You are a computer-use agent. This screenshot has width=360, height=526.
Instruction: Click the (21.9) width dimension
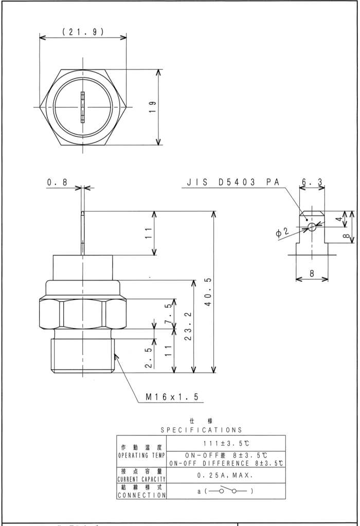point(83,31)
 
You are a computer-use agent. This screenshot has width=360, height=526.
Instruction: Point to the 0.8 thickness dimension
point(58,182)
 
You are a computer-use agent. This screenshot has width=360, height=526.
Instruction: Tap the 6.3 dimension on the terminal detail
point(312,182)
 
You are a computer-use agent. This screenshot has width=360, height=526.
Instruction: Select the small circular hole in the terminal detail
point(312,227)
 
